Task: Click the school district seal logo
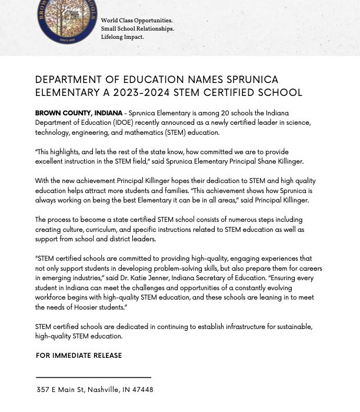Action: click(66, 21)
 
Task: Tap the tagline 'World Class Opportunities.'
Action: click(136, 21)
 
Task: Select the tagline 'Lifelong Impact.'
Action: click(122, 37)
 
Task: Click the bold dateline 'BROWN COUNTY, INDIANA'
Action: click(79, 113)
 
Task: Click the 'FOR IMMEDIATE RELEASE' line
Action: click(79, 355)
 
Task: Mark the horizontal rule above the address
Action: click(93, 377)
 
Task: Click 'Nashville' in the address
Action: click(104, 390)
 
